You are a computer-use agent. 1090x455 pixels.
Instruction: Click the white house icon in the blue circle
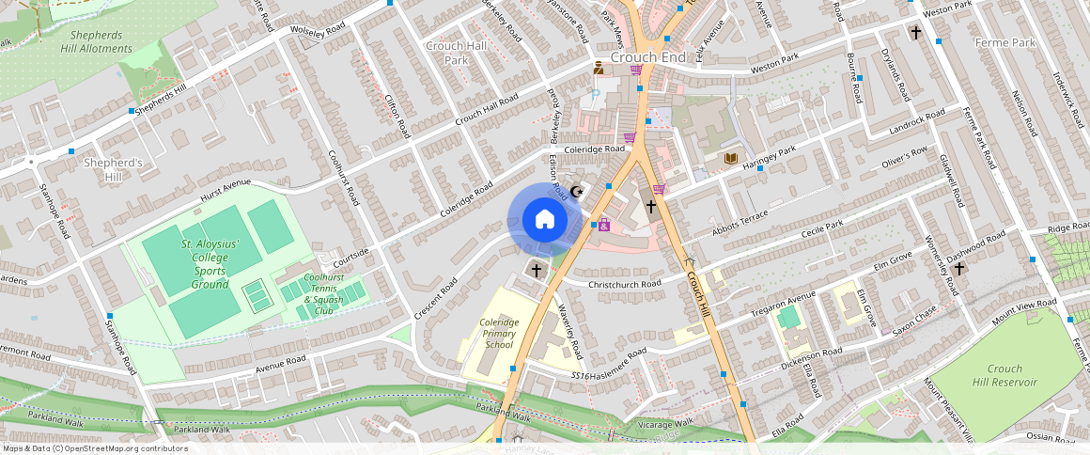pyautogui.click(x=544, y=220)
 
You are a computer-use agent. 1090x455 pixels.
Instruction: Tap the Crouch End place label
pyautogui.click(x=647, y=57)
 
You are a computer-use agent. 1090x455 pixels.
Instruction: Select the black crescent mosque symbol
pyautogui.click(x=578, y=192)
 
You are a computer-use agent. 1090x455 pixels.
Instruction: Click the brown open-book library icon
pyautogui.click(x=730, y=157)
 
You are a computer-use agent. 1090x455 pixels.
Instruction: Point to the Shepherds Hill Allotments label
pyautogui.click(x=97, y=41)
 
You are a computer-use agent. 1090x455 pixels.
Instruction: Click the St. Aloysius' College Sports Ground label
pyautogui.click(x=197, y=264)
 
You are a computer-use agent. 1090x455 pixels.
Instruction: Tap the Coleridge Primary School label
pyautogui.click(x=499, y=334)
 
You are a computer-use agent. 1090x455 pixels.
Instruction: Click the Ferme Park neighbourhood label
pyautogui.click(x=1004, y=43)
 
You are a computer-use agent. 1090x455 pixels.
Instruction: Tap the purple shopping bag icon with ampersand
pyautogui.click(x=604, y=226)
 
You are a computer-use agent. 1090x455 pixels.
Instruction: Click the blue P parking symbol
pyautogui.click(x=594, y=95)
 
